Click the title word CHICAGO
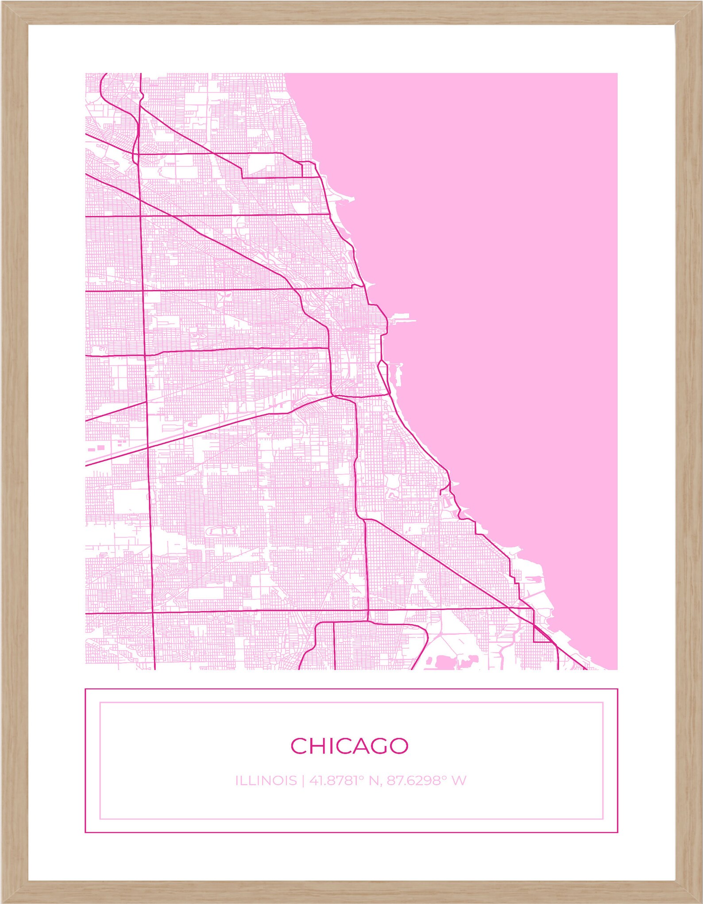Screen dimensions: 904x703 coord(349,746)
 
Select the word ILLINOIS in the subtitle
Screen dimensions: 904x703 coord(266,780)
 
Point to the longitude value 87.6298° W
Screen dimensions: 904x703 coord(426,780)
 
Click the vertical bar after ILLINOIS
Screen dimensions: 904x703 coord(303,780)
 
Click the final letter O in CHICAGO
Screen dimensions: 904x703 coord(398,746)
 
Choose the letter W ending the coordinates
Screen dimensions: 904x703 coord(459,780)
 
